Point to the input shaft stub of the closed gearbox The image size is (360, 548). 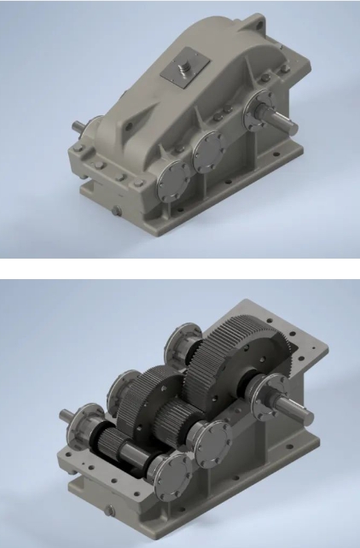point(78,130)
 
